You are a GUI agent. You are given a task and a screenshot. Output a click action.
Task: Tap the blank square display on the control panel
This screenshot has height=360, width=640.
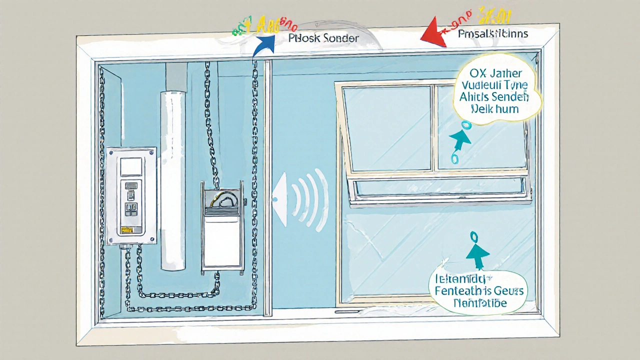[x=131, y=166]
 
